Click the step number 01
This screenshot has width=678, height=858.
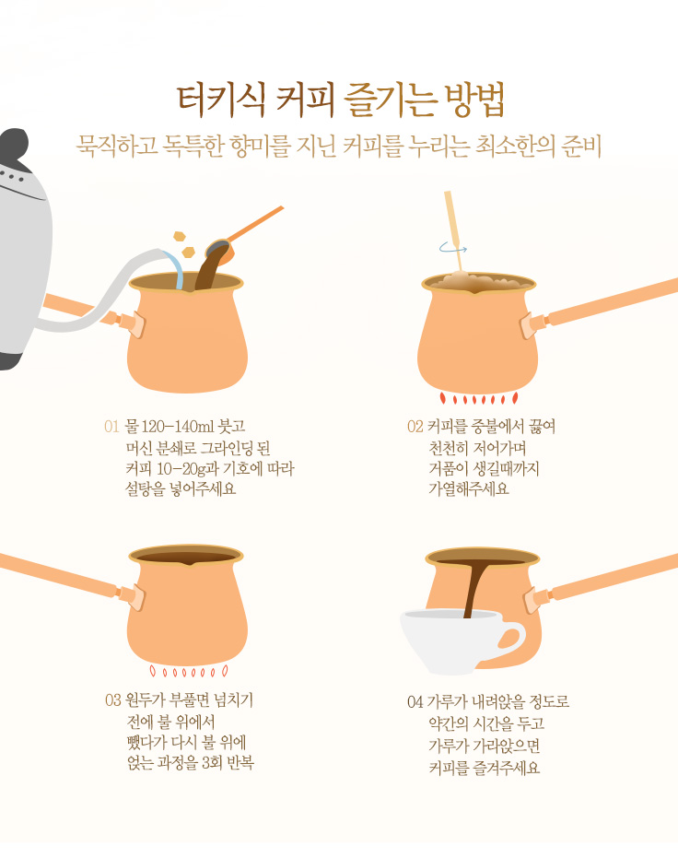(x=111, y=427)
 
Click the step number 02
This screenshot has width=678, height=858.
(x=415, y=427)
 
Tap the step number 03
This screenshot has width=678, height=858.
(x=112, y=699)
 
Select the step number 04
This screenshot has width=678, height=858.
(x=415, y=701)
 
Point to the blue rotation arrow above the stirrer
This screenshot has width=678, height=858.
(x=453, y=249)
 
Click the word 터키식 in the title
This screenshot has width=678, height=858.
(x=221, y=100)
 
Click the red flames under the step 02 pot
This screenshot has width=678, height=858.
(x=478, y=398)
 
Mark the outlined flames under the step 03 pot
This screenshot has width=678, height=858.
(x=189, y=672)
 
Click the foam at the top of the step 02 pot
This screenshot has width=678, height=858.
(x=478, y=282)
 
